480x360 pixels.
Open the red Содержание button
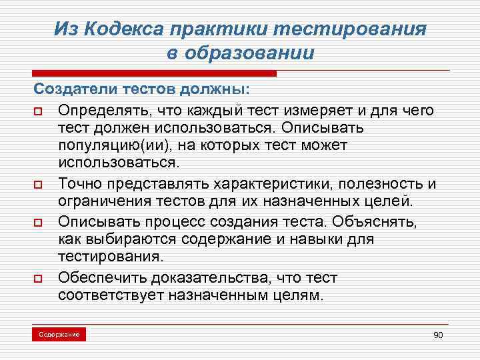point(59,333)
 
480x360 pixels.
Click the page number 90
point(438,334)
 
